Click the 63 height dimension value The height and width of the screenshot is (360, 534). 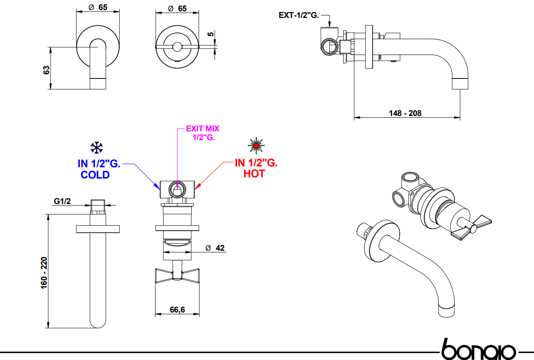click(x=47, y=69)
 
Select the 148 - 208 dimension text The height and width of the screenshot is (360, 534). click(x=405, y=113)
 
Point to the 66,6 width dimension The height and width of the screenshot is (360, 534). click(x=177, y=310)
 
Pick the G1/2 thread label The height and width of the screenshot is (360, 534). click(x=63, y=201)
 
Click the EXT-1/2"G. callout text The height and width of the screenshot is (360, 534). click(x=299, y=15)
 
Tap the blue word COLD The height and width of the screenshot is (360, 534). click(x=95, y=175)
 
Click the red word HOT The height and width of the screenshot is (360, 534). click(x=254, y=174)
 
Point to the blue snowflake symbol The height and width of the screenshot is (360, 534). click(x=97, y=147)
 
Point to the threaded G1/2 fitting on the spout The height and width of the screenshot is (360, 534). click(x=98, y=205)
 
